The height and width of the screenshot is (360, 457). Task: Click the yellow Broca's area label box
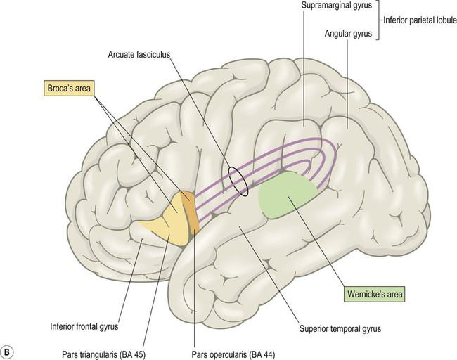click(69, 88)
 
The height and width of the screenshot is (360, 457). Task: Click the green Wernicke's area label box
click(375, 294)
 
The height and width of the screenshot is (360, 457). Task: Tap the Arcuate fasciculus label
click(139, 55)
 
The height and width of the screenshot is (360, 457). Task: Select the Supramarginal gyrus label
click(337, 5)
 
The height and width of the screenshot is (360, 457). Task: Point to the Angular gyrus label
click(348, 34)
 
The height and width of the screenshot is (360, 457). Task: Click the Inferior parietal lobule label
click(420, 20)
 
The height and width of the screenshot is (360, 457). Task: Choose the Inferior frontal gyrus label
click(84, 326)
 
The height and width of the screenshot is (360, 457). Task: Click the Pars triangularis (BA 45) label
click(104, 354)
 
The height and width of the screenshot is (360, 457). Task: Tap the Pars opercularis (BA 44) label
click(233, 354)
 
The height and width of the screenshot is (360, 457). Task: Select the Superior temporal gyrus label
click(340, 329)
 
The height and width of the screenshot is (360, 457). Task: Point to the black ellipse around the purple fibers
click(238, 181)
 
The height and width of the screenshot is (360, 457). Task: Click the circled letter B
click(6, 352)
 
